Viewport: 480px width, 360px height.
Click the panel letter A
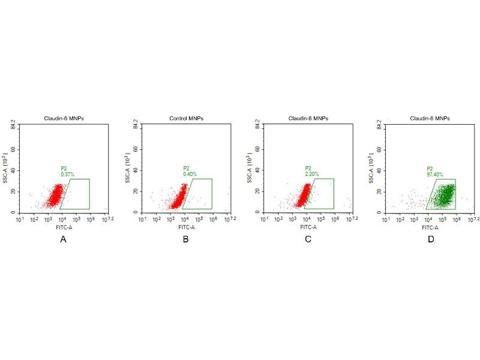point(62,239)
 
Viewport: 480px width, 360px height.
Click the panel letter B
point(185,239)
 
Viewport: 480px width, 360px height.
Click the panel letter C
point(308,239)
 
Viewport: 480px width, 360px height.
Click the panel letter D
point(430,239)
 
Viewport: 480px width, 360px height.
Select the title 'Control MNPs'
point(187,119)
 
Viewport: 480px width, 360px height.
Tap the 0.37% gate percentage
point(68,174)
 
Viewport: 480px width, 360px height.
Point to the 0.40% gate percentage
point(190,174)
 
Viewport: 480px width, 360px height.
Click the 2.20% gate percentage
point(312,174)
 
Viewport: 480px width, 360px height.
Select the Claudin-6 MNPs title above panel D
point(431,119)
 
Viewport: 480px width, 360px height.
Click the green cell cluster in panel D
point(442,195)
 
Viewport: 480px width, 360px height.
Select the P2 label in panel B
point(187,168)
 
